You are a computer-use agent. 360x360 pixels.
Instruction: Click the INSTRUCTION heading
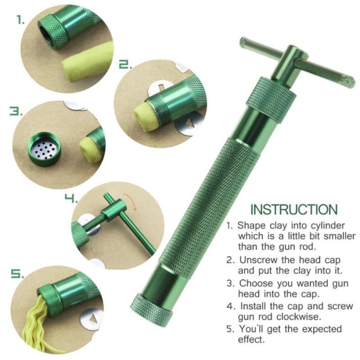click(294, 209)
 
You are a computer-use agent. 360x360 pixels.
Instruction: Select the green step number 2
click(125, 64)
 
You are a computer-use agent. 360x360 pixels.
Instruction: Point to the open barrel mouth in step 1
click(50, 33)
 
